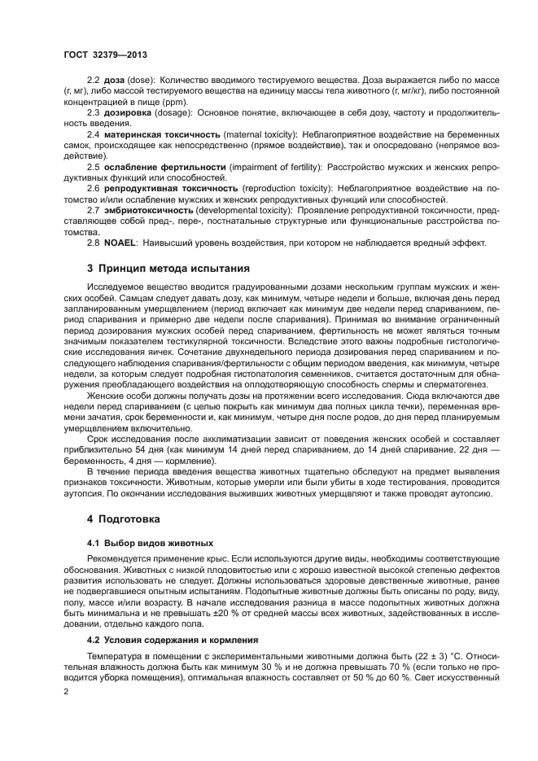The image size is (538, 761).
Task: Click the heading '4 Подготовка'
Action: (124, 518)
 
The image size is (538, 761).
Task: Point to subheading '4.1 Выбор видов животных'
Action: (150, 542)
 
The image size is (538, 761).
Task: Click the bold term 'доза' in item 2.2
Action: (115, 81)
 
